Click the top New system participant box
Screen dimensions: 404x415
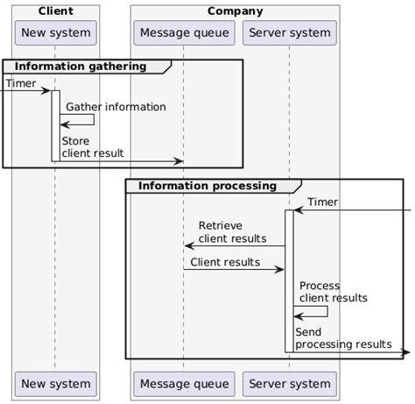(x=55, y=34)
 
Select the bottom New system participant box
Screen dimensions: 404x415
(x=55, y=384)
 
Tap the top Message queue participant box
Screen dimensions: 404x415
(x=184, y=34)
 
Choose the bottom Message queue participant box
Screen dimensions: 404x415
(x=184, y=384)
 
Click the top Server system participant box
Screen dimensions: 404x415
(x=289, y=34)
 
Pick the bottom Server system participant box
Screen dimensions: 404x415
(x=289, y=384)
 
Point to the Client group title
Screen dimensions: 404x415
(x=55, y=11)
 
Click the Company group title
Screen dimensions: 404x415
(x=235, y=11)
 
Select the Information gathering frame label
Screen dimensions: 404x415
(x=82, y=67)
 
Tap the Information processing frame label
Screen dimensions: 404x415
(x=207, y=186)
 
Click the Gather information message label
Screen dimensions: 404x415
(x=116, y=107)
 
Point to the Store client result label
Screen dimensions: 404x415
(x=92, y=146)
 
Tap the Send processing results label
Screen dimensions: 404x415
(x=342, y=338)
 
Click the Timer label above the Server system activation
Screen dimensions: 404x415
(x=322, y=202)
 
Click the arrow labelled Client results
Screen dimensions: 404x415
(x=234, y=269)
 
